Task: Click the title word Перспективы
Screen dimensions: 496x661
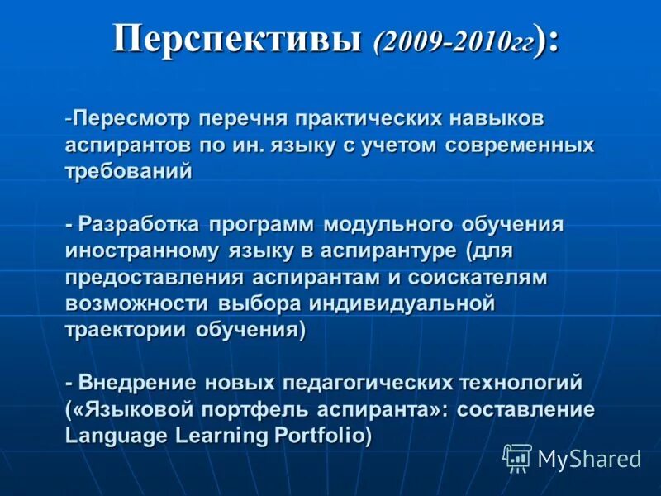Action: [237, 39]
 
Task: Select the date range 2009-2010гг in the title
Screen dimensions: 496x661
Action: [455, 41]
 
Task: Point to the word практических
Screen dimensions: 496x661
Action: [385, 118]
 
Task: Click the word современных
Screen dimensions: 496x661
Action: [518, 145]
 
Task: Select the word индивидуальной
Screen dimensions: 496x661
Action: [402, 303]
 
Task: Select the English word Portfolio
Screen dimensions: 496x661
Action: [323, 436]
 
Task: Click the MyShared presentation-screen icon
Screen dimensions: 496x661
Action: [517, 458]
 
